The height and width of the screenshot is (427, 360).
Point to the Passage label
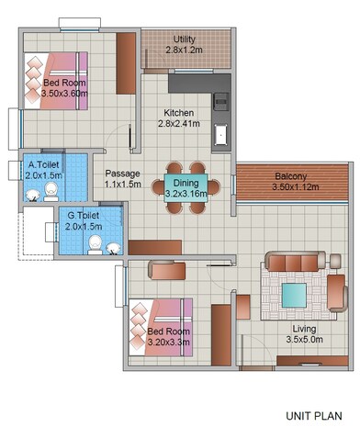click(122, 173)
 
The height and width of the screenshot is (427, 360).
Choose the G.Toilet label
click(85, 216)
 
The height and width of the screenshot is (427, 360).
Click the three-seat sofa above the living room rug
click(294, 259)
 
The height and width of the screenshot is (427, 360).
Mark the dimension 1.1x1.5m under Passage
click(122, 184)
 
